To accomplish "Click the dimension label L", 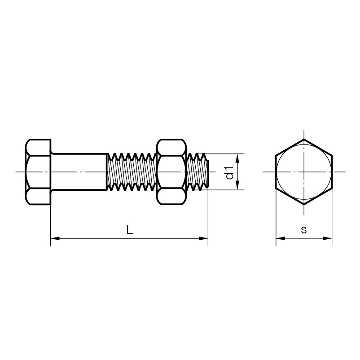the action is [130, 229].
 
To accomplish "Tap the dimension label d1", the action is [229, 173].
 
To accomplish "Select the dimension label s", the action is [304, 229].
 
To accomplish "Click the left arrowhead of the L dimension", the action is [55, 238].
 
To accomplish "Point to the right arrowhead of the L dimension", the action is [203, 238].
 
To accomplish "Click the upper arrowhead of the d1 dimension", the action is [237, 158].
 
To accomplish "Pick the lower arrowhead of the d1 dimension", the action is [237, 185].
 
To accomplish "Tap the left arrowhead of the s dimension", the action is [281, 238].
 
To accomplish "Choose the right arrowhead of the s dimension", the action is [327, 238].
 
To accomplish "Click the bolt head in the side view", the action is [38, 172].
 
